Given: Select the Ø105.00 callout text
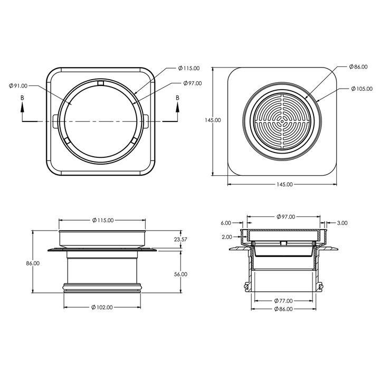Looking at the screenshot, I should tap(363, 89).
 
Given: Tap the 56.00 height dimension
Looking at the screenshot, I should tap(180, 274).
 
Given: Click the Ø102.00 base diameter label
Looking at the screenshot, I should tap(102, 308).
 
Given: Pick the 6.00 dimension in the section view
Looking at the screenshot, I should tap(226, 223).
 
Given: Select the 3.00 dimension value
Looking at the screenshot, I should tap(342, 223).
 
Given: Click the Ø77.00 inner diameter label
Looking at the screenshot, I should tap(285, 300).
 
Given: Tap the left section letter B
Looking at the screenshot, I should tap(22, 98).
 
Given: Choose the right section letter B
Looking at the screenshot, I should tap(177, 98).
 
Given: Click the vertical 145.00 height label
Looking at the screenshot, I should tap(213, 120).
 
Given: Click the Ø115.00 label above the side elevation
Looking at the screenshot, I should tap(102, 220).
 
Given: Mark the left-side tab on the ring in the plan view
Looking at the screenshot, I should tap(56, 121).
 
